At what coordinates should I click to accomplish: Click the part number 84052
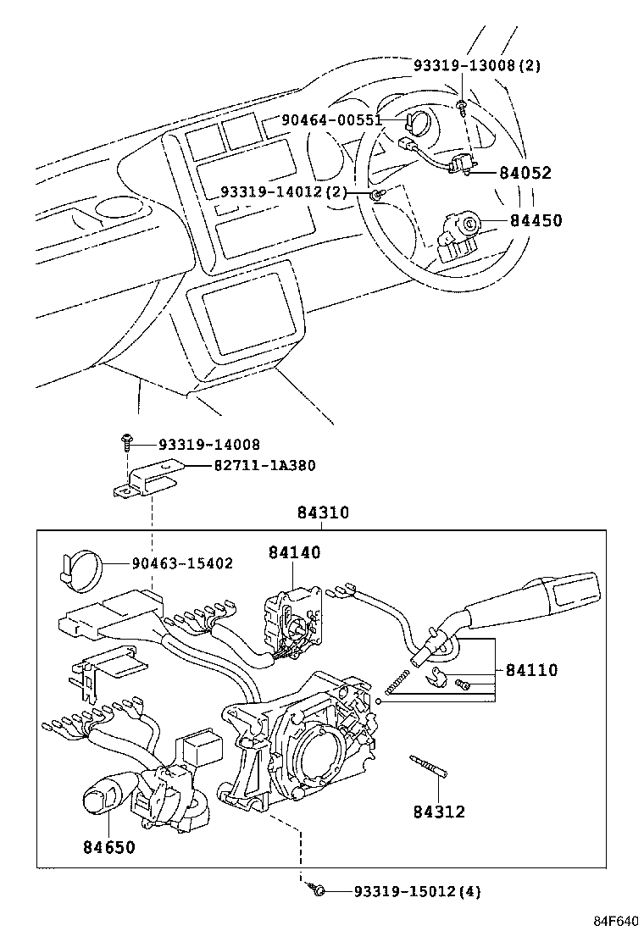click(x=525, y=173)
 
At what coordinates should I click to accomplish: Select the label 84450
click(x=536, y=221)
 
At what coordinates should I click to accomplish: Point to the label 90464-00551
click(x=332, y=120)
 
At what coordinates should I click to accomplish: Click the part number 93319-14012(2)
click(x=284, y=192)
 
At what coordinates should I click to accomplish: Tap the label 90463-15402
click(x=181, y=563)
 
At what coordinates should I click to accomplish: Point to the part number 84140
click(x=295, y=552)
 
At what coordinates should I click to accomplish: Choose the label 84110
click(x=531, y=670)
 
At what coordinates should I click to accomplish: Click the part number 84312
click(x=439, y=812)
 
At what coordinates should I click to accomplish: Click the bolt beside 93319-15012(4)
click(x=318, y=889)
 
